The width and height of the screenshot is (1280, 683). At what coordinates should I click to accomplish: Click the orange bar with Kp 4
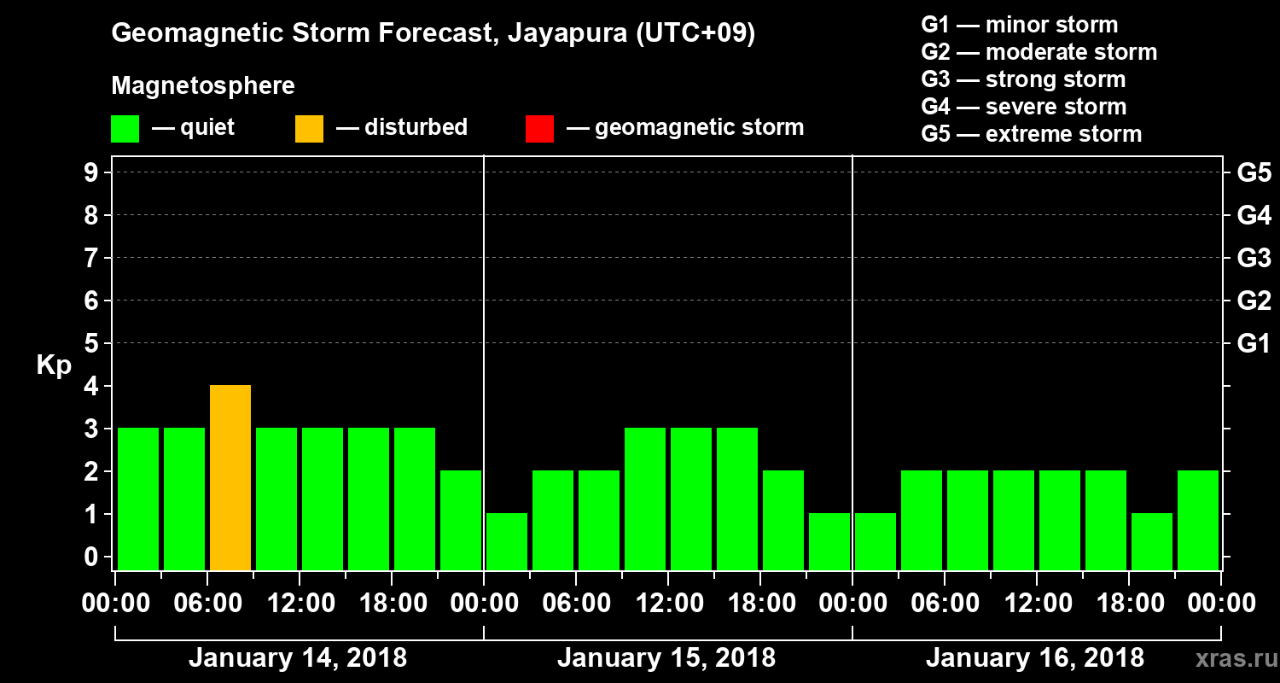230,477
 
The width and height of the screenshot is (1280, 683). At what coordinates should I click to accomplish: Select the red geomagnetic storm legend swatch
539,129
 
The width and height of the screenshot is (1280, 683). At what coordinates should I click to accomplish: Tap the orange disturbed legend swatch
309,129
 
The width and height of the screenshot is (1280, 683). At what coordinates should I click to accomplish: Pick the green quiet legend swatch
125,129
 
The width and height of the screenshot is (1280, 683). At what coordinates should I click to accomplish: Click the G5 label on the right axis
1254,173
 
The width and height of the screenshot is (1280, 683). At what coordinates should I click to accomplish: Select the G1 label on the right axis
1254,344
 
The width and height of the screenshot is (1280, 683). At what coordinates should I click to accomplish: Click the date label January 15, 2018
666,658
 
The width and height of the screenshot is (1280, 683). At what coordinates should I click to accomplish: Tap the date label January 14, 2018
298,658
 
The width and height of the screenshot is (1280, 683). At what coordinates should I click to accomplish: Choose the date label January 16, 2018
1035,658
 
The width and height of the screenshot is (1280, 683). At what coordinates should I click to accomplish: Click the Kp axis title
54,367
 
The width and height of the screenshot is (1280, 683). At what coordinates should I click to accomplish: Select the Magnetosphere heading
203,86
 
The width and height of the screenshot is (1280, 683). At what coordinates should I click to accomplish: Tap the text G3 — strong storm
1023,79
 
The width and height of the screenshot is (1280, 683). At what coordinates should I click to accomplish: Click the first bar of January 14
138,499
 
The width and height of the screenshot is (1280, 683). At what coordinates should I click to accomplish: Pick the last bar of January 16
1198,520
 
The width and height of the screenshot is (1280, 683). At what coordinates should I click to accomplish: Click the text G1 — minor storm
1019,25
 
